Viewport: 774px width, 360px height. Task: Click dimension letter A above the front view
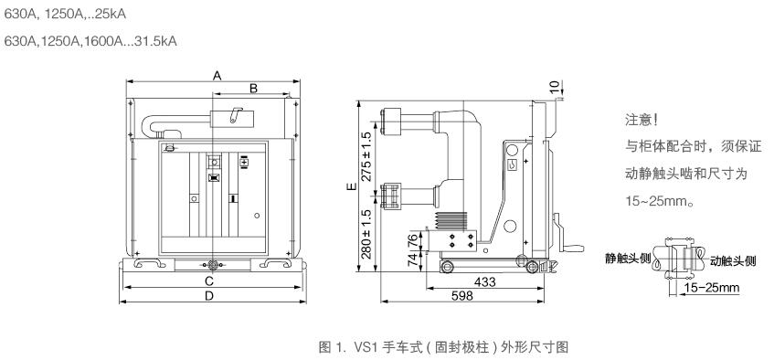tap(217, 76)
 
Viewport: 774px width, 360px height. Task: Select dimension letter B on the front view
tap(253, 89)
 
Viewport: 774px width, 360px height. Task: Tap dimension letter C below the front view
tap(209, 281)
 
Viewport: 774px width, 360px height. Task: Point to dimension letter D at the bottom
tap(209, 296)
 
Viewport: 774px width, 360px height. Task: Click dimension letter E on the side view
tap(351, 186)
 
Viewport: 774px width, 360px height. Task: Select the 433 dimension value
tap(484, 282)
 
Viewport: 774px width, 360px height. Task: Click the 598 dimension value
tap(462, 296)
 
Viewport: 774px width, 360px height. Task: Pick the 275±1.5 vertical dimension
tap(366, 157)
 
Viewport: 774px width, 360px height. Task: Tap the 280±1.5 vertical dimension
tap(366, 234)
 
